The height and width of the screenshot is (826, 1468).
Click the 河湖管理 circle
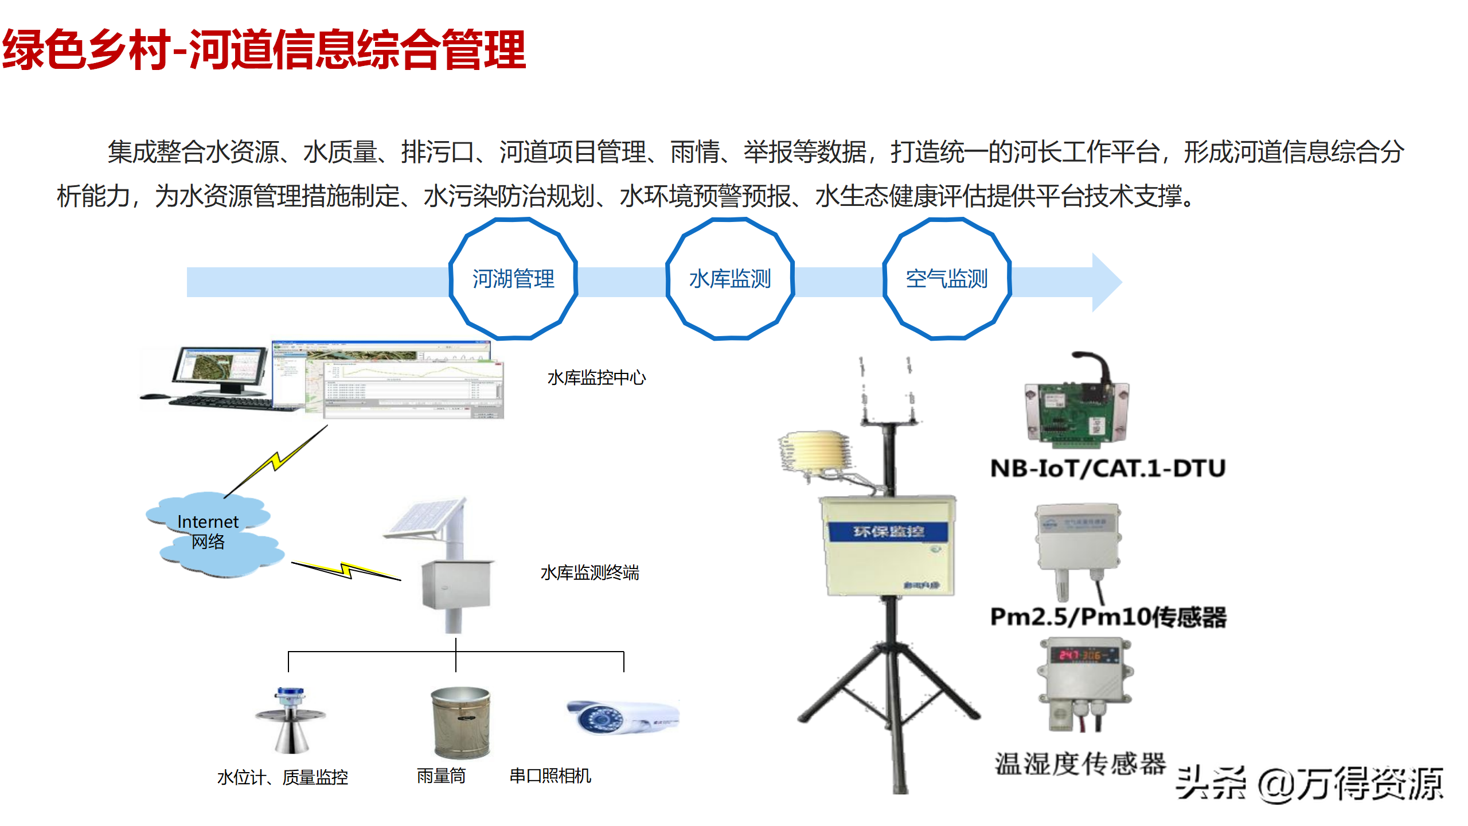tap(513, 279)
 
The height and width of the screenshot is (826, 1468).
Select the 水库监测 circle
tap(729, 279)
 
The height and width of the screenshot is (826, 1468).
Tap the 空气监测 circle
tap(946, 279)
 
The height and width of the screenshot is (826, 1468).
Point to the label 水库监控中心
tap(596, 378)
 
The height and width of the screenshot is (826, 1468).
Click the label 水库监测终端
tap(589, 572)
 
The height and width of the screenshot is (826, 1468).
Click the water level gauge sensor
tap(291, 720)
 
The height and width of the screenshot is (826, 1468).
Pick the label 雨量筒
tap(441, 776)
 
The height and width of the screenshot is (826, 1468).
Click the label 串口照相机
tap(550, 776)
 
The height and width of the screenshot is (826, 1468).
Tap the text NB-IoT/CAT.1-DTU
tap(1107, 469)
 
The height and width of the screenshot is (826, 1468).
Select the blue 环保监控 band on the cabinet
tap(888, 532)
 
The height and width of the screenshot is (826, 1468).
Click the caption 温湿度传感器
tap(1080, 764)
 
